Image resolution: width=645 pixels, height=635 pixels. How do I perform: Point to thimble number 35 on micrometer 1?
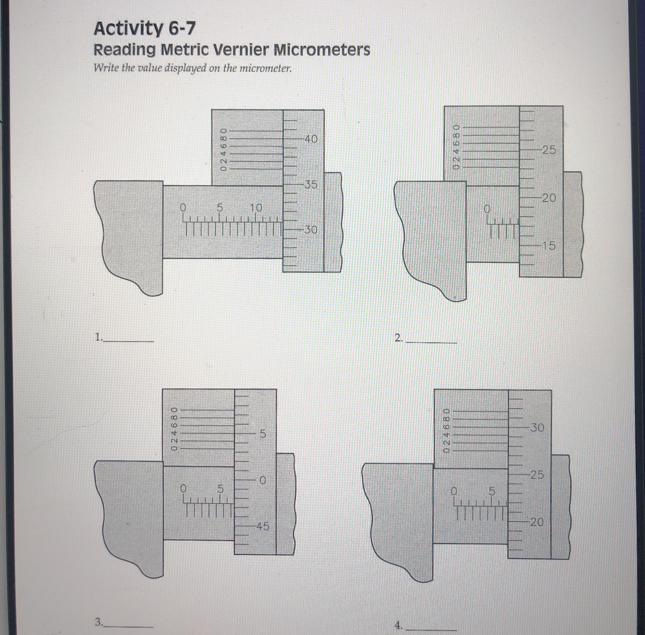[x=310, y=184]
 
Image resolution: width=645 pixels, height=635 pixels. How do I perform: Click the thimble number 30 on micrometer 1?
[x=310, y=230]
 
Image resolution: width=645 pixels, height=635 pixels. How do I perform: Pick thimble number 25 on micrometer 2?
[x=549, y=150]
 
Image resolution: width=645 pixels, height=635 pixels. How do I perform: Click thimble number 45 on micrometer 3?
[x=262, y=526]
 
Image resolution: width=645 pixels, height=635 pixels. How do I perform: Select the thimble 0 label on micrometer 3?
[x=263, y=480]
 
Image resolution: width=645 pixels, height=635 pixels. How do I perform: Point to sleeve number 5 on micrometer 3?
[x=220, y=489]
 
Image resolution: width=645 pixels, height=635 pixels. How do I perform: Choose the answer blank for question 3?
[x=128, y=626]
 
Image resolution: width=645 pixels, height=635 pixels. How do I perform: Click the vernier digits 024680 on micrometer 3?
[x=173, y=428]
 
